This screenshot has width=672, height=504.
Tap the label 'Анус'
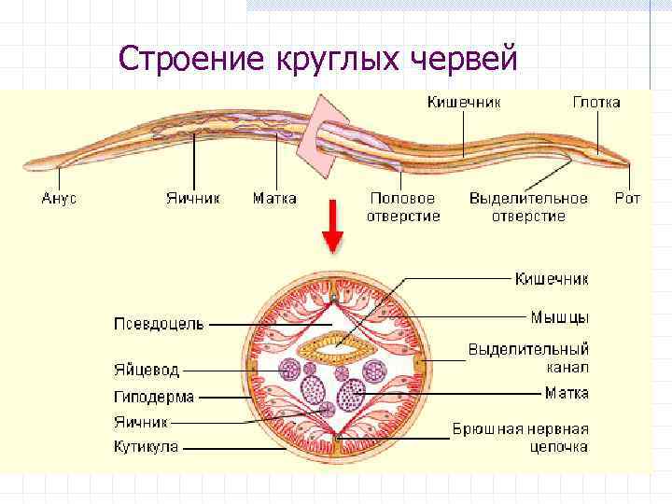[x=60, y=199]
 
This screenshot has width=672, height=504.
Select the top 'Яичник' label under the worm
[x=194, y=199]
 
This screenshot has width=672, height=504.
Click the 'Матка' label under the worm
[x=274, y=199]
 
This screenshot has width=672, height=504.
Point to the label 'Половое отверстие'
[x=402, y=207]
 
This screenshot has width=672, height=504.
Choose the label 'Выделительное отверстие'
[x=528, y=207]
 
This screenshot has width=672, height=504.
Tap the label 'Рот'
[x=627, y=199]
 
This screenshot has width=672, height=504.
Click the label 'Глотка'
[x=596, y=102]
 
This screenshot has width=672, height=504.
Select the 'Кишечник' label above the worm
[x=465, y=102]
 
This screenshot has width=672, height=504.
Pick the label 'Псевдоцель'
[x=160, y=324]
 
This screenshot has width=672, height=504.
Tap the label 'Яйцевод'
[x=147, y=370]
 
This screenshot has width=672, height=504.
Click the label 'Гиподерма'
[x=154, y=397]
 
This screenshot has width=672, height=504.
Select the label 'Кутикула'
[x=147, y=447]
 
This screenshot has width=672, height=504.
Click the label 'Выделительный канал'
[x=528, y=358]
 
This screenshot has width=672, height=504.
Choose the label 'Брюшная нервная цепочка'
[x=520, y=438]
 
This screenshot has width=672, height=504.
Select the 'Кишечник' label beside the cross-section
[x=552, y=278]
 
